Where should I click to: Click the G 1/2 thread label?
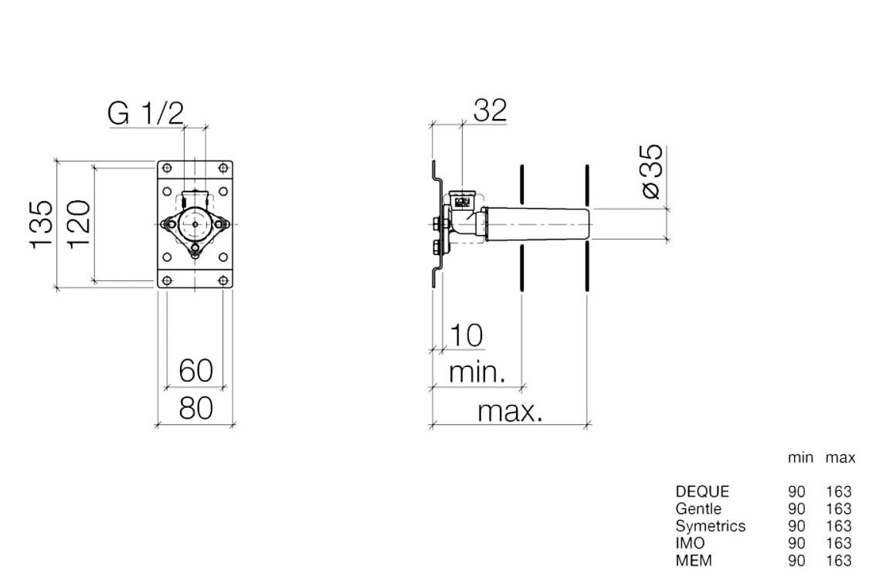pyautogui.click(x=146, y=114)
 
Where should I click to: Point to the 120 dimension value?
pyautogui.click(x=79, y=224)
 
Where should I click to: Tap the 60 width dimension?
pyautogui.click(x=196, y=371)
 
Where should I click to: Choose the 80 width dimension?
pyautogui.click(x=196, y=407)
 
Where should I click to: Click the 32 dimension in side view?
pyautogui.click(x=490, y=110)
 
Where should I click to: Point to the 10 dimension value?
pyautogui.click(x=466, y=335)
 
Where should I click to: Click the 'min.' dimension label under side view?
pyautogui.click(x=477, y=373)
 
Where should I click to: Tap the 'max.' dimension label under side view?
pyautogui.click(x=510, y=412)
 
